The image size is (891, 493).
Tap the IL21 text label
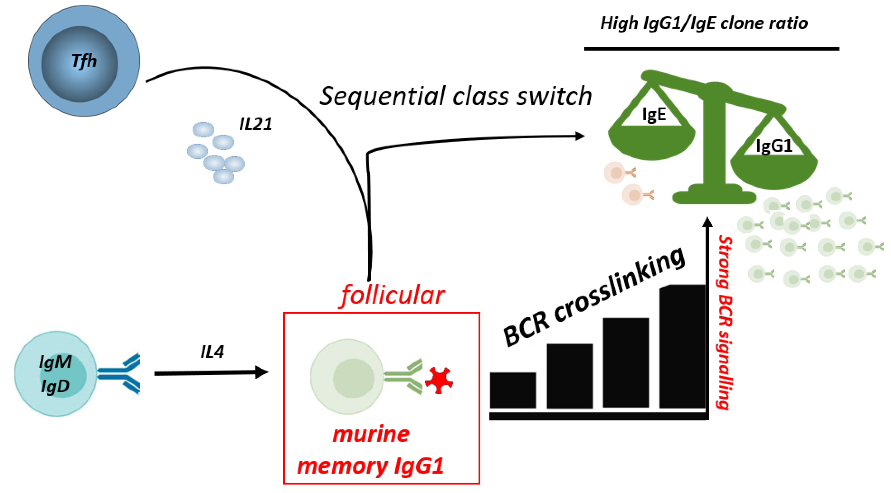[256, 124]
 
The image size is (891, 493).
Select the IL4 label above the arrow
[212, 352]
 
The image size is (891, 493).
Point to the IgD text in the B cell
[55, 386]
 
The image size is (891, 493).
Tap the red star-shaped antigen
[439, 380]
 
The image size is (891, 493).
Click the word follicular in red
[392, 295]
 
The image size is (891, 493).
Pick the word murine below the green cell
[371, 434]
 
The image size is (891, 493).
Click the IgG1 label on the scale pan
[774, 146]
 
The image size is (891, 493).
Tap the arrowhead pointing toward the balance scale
[580, 136]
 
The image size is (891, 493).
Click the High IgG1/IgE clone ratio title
[704, 23]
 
